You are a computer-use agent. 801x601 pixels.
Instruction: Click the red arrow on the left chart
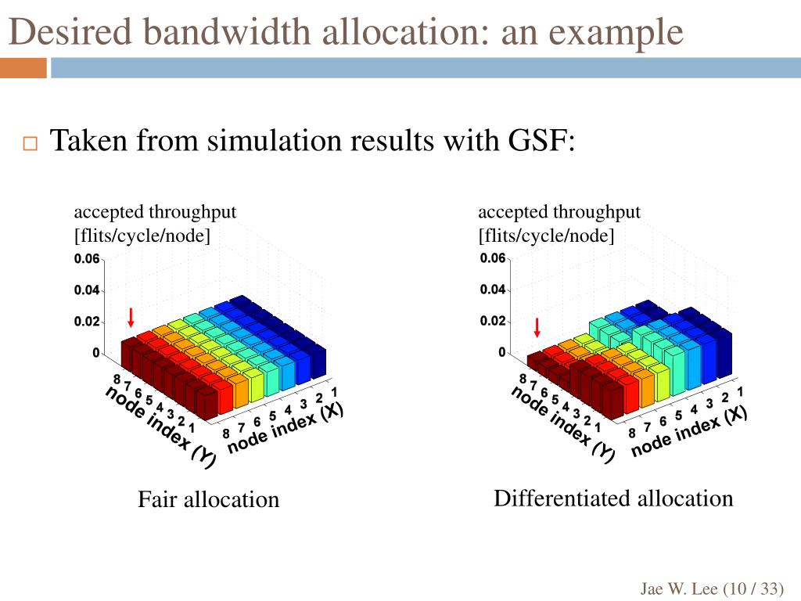tap(131, 317)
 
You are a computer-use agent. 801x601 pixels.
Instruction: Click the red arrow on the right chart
tap(537, 327)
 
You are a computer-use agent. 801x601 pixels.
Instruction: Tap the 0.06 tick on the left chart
tap(86, 259)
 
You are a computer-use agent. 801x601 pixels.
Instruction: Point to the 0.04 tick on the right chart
tap(492, 290)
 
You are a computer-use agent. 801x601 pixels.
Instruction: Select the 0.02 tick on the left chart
tap(86, 322)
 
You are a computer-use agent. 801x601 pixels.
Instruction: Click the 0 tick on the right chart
tap(502, 353)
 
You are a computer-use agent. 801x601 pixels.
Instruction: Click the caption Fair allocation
tap(208, 499)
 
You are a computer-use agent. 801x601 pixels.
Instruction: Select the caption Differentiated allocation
tap(613, 498)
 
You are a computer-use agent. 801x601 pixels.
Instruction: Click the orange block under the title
tap(23, 69)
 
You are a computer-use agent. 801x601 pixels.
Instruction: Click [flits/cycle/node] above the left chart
tap(142, 236)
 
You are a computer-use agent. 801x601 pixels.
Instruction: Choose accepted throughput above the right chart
tap(559, 212)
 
